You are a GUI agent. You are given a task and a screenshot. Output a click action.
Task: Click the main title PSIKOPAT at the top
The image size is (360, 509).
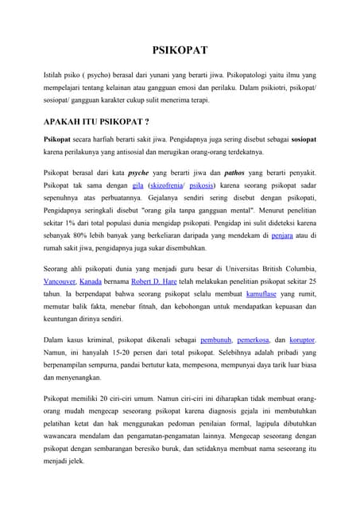click(x=180, y=51)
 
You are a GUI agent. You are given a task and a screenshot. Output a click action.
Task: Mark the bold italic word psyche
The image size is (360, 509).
click(x=141, y=172)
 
